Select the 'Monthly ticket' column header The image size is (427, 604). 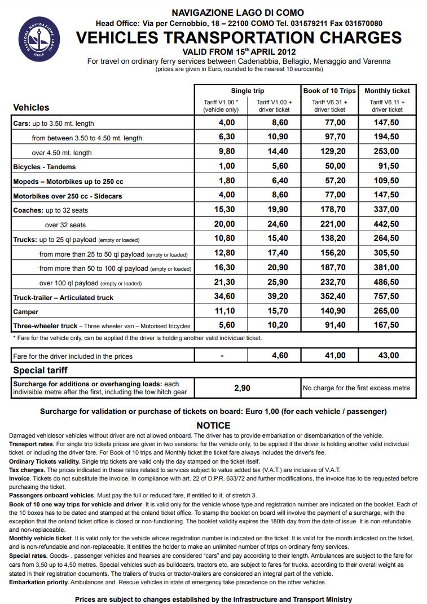(387, 91)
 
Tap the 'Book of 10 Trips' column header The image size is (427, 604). (330, 91)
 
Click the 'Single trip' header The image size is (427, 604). (247, 91)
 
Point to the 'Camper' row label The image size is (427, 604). (26, 312)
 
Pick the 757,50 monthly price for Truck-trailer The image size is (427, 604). (387, 297)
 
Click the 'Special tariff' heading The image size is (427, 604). (41, 371)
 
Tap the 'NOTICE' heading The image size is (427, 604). (213, 426)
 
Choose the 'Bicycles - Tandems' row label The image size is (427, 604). (44, 167)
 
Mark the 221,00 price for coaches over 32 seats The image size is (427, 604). (330, 224)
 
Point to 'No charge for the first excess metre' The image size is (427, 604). (356, 388)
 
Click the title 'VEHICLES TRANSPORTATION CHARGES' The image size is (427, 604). (239, 38)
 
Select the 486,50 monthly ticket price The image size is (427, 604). (387, 282)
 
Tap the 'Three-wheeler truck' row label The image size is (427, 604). (45, 326)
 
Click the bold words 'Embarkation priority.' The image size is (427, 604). (39, 582)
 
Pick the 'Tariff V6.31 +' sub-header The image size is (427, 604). (330, 102)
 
